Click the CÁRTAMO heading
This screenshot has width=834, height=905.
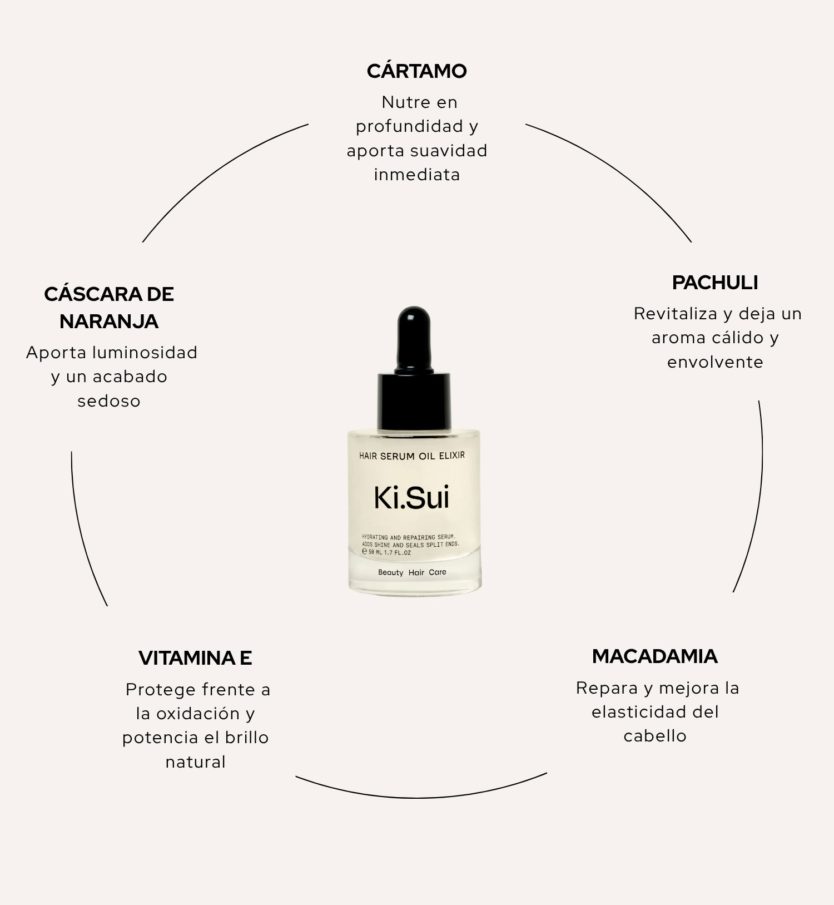coord(416,71)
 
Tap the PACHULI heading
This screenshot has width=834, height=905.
coord(715,283)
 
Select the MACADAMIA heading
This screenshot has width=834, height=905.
coord(655,656)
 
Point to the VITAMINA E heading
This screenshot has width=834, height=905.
coord(195,658)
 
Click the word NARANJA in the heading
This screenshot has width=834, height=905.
coord(109,322)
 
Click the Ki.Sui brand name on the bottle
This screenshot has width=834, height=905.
coord(411,498)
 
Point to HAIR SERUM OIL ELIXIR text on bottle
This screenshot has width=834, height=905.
coord(412,456)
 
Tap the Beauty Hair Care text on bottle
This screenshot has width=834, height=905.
coord(412,572)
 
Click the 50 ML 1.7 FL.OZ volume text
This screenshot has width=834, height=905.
coord(390,553)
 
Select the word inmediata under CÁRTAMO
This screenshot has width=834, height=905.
coord(417,175)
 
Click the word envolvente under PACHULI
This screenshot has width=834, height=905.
coord(715,362)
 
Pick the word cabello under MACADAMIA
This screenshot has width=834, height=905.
coord(655,736)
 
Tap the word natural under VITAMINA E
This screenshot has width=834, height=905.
coord(196,762)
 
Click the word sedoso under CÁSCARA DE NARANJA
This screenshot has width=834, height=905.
coord(109,401)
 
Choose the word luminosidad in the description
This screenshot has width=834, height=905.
coord(145,353)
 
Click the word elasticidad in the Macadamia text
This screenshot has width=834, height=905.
coord(632,712)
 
